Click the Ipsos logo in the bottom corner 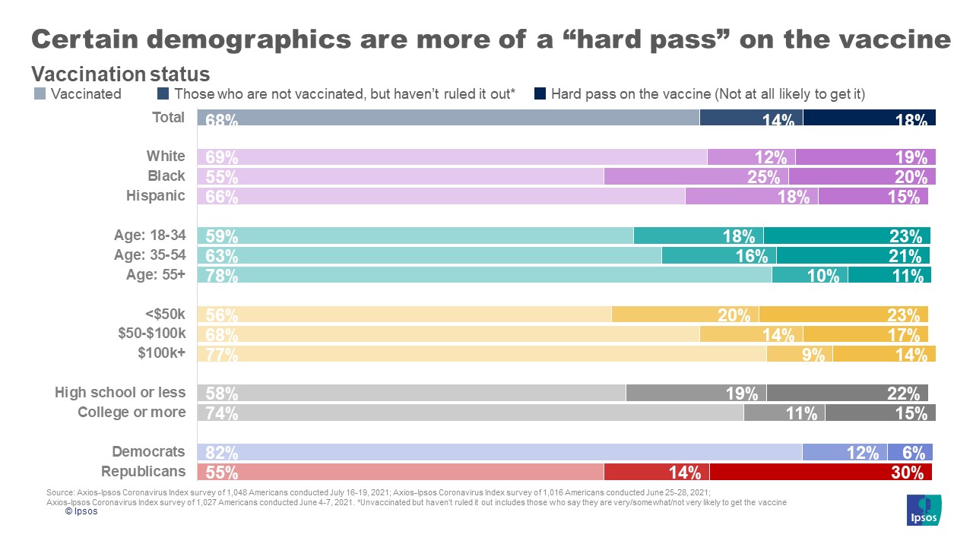tap(924, 510)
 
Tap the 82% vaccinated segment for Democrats tap(499, 452)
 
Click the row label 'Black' tap(166, 176)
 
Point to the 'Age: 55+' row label tap(155, 275)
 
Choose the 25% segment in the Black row tap(696, 176)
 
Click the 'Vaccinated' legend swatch tap(40, 94)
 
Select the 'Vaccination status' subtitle tap(120, 74)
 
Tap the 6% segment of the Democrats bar tap(910, 452)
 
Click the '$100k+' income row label tap(161, 353)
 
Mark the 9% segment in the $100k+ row tap(800, 353)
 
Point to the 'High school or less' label tap(120, 393)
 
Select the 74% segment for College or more tap(470, 413)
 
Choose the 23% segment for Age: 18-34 tap(847, 236)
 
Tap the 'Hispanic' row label tap(155, 196)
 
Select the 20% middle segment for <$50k tap(685, 315)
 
